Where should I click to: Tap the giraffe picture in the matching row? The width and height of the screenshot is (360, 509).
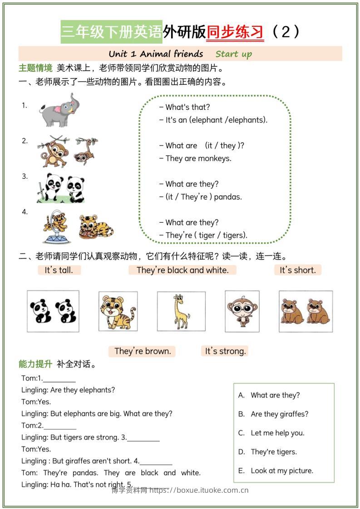tap(181, 311)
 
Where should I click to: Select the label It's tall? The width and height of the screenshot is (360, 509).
tap(59, 270)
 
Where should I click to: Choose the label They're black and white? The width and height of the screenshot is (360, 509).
tap(182, 270)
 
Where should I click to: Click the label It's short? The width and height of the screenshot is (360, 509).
tap(297, 270)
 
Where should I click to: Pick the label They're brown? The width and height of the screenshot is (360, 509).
tap(142, 351)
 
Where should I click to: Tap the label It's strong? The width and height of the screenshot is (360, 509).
tap(225, 351)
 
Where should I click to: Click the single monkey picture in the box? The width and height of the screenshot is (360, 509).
tap(242, 311)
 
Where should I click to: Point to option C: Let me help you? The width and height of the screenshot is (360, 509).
tap(277, 433)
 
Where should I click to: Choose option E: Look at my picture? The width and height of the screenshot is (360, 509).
tap(281, 470)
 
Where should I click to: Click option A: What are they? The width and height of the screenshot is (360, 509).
tap(275, 395)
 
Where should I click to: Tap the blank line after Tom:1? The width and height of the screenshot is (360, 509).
tap(59, 379)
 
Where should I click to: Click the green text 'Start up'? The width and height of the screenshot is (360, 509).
tap(233, 54)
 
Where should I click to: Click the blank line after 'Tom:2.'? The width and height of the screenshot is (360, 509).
tap(60, 426)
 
